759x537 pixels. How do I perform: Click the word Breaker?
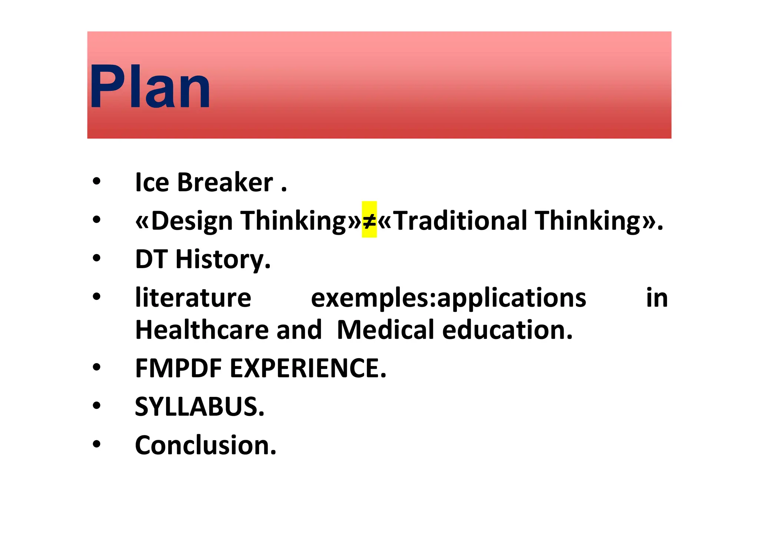225,182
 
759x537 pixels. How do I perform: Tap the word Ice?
152,182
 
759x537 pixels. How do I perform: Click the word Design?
192,221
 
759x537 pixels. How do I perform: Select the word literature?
193,297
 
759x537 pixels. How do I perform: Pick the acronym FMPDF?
178,368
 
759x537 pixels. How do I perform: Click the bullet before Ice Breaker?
97,182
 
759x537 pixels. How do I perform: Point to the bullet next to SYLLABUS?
97,406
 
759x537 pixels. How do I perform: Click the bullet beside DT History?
97,258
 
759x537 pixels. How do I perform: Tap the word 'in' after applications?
657,297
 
